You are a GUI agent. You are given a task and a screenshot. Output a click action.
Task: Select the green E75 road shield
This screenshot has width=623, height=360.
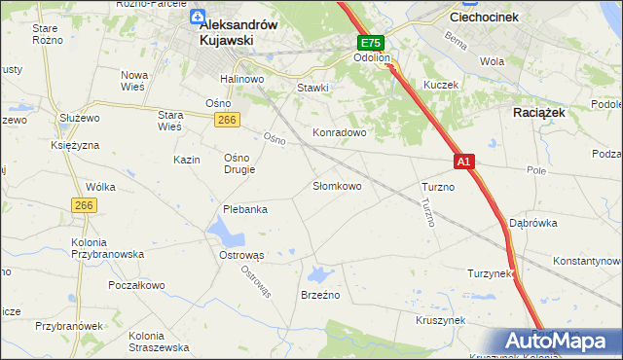[371, 44]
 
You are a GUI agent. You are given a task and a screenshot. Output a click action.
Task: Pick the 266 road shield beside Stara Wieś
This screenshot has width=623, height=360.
[227, 119]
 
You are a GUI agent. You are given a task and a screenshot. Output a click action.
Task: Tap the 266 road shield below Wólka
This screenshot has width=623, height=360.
[83, 205]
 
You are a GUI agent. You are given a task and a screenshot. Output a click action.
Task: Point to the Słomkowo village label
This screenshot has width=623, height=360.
[337, 186]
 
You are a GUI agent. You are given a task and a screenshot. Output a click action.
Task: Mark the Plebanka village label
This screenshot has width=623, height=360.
[244, 208]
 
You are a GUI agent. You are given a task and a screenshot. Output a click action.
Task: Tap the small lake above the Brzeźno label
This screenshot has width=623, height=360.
[320, 273]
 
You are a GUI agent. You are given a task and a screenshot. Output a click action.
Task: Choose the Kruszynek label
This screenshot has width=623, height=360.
[441, 320]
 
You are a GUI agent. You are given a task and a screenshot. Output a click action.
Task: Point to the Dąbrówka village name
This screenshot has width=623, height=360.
[532, 223]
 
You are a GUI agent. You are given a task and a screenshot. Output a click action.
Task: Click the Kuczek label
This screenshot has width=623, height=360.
[440, 86]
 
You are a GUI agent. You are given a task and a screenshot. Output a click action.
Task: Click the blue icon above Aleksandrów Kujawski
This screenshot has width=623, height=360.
[198, 17]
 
